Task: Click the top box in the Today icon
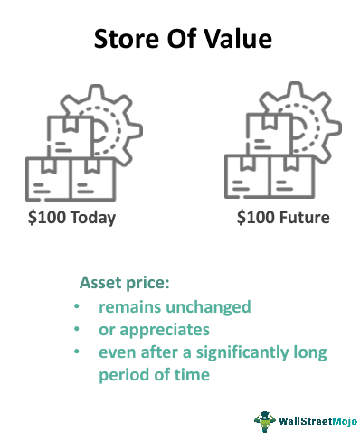coord(67,136)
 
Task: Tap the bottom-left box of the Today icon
coord(48,181)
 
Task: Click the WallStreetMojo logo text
coord(311,420)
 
